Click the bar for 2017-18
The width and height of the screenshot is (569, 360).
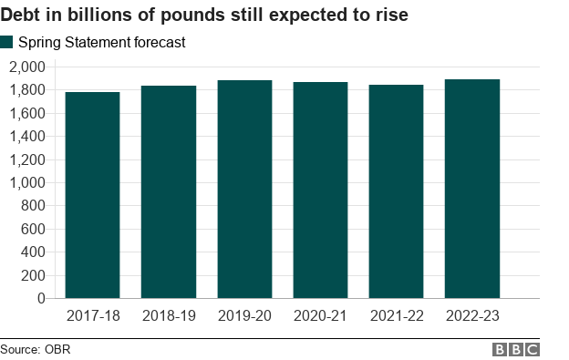[x=92, y=195]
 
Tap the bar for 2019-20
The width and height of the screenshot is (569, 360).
[x=244, y=189]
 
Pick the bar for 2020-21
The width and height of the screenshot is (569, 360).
[x=320, y=190]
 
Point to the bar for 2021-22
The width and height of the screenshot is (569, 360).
[x=396, y=191]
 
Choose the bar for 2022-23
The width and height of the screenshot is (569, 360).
[x=471, y=189]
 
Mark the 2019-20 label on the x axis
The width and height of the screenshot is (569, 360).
[x=244, y=315]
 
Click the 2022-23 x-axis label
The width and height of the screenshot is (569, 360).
[x=471, y=315]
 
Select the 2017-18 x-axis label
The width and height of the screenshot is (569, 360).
[x=92, y=315]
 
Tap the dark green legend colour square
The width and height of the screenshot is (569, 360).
[x=7, y=42]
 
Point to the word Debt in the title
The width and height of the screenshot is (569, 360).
[x=22, y=15]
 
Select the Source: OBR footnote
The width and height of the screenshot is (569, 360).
[x=36, y=350]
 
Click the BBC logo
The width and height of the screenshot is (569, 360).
[x=516, y=350]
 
